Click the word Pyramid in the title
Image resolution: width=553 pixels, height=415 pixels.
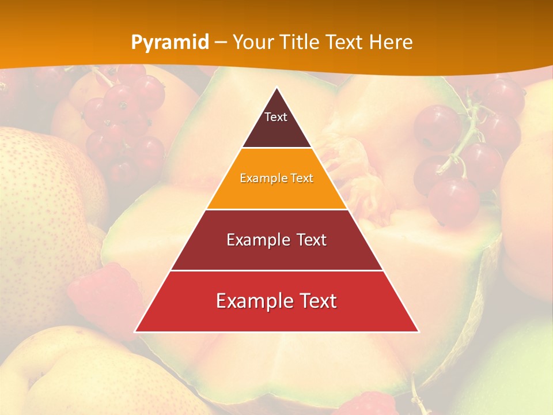click(x=170, y=42)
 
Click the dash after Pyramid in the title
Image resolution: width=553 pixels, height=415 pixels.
click(x=221, y=43)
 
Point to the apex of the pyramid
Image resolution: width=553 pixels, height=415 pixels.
click(x=276, y=88)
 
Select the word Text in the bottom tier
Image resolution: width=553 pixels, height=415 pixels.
click(x=316, y=301)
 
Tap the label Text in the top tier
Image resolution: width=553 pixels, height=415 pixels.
click(x=276, y=117)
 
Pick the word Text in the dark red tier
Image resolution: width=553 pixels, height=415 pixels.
click(x=309, y=240)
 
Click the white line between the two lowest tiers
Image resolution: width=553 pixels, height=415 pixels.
click(x=276, y=270)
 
